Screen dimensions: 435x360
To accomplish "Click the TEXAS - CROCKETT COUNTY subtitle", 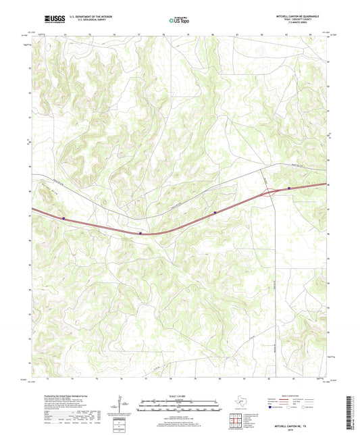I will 297,20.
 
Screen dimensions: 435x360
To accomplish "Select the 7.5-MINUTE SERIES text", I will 297,23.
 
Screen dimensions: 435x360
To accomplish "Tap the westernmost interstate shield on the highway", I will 64,218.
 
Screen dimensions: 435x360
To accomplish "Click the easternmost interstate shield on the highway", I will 289,188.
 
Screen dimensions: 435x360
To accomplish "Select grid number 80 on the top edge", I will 213,32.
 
